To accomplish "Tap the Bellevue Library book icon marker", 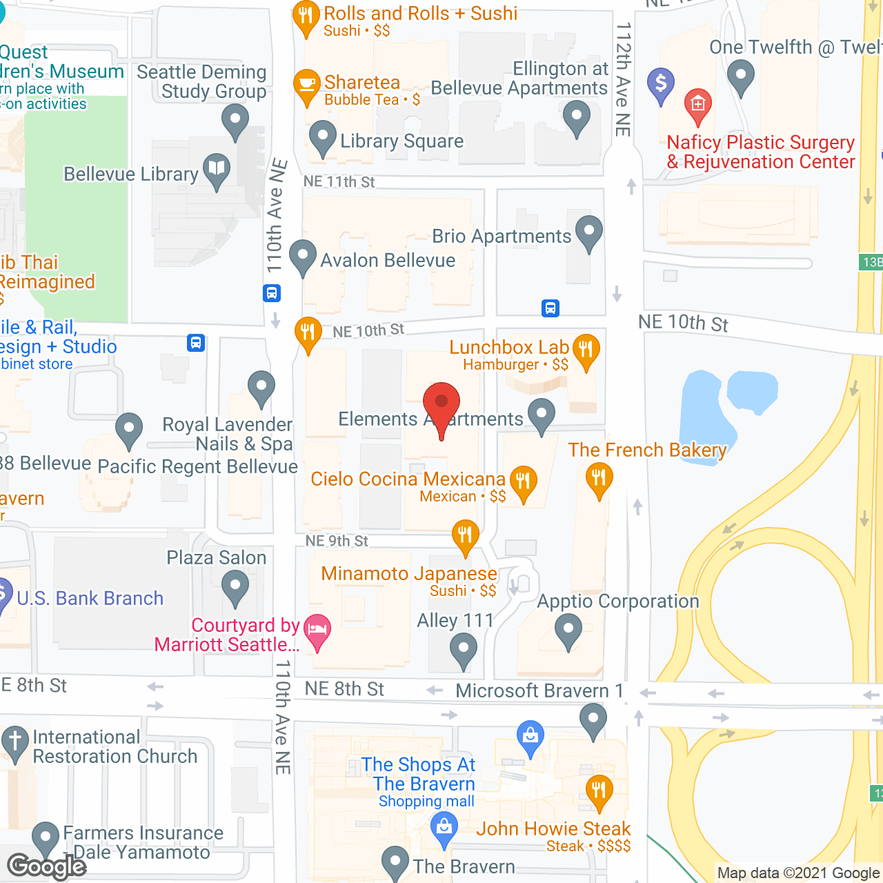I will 217,168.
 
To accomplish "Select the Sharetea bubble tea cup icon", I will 307,85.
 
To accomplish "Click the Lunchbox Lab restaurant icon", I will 586,348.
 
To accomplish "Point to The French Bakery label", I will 647,450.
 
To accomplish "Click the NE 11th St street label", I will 339,181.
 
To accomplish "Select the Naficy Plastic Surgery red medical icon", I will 697,104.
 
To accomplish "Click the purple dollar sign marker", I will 661,83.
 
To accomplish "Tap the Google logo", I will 47,866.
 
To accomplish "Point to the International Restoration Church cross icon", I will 14,742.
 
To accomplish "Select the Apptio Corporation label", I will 618,602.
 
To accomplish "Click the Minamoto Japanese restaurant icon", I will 466,535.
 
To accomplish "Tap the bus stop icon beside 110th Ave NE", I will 272,293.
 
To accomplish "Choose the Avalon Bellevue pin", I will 303,255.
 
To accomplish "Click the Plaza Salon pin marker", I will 235,588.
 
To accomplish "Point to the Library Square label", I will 401,141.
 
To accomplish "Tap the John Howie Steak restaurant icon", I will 598,789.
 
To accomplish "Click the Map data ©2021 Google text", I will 798,873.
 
